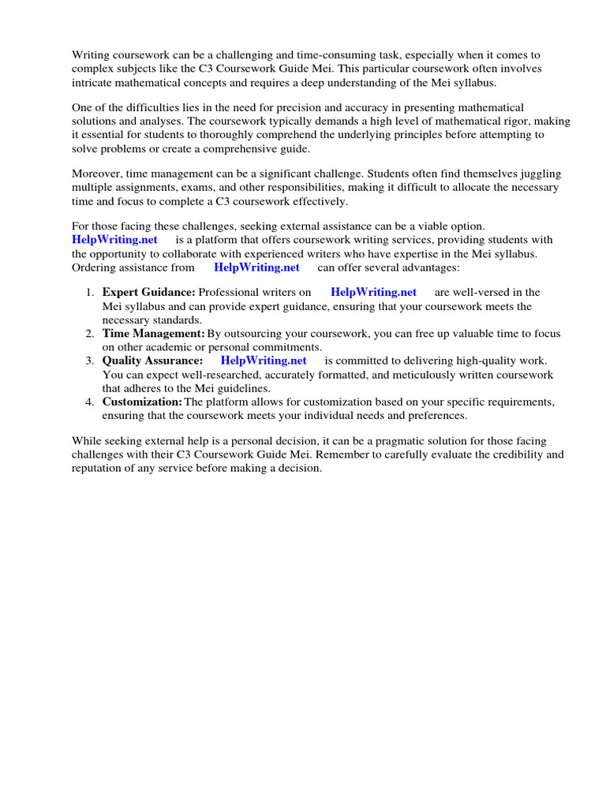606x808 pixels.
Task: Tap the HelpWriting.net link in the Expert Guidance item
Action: coord(373,292)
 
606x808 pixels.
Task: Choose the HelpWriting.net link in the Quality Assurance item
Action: coord(264,360)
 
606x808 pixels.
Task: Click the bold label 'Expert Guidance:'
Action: coord(148,292)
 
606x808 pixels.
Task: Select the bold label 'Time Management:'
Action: coord(153,333)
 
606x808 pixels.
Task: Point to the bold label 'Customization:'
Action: coord(142,401)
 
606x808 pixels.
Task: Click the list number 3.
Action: coord(90,360)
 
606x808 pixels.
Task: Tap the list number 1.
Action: coord(90,292)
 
